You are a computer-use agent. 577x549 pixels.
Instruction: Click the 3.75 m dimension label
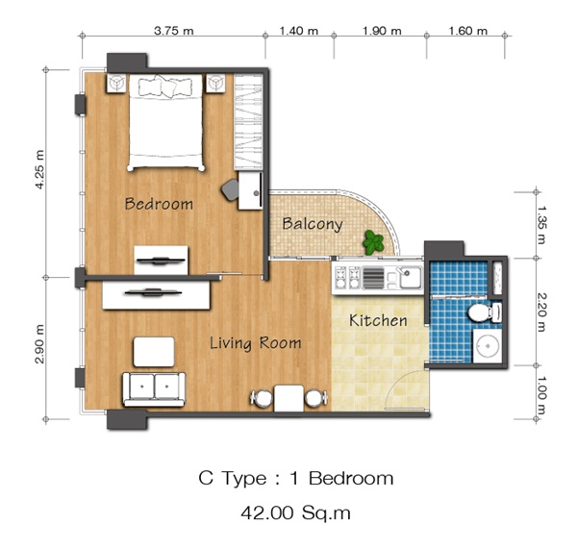coord(174,31)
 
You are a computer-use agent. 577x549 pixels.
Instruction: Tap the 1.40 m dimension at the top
coord(298,31)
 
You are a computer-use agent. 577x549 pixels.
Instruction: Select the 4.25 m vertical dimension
coord(39,169)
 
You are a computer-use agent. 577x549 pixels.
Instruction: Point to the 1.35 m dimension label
coord(541,224)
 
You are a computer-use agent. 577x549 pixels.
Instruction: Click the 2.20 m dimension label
coord(541,312)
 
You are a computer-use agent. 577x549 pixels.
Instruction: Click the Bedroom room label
coord(159,204)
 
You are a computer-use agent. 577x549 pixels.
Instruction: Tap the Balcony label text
coord(313,224)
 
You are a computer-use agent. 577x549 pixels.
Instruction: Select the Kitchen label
coord(378,320)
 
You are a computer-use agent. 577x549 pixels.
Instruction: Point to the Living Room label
coord(256,343)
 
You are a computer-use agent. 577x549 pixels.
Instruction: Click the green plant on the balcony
coord(373,242)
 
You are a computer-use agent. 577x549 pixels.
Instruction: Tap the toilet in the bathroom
coord(485,312)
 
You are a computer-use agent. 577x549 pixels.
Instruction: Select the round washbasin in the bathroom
coord(488,346)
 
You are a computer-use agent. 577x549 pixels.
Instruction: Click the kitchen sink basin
coord(411,278)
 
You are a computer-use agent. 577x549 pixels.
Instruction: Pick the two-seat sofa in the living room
coord(154,389)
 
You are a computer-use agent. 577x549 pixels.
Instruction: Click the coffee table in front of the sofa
coord(154,352)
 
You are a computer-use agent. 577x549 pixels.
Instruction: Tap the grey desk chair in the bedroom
coord(231,189)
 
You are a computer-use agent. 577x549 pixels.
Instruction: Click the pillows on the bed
coord(165,87)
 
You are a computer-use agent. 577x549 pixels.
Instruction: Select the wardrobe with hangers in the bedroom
coord(248,122)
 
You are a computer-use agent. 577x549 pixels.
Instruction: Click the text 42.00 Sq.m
coord(295,512)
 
